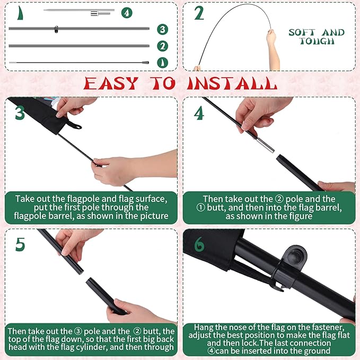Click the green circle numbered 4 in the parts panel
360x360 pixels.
pos(127,13)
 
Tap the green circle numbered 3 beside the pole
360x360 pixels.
pos(163,29)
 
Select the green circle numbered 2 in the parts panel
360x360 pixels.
pos(163,46)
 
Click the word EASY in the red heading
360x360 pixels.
pos(111,83)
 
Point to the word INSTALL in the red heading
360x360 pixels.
pos(232,83)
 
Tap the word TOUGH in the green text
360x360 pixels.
pos(317,41)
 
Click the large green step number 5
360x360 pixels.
pos(20,244)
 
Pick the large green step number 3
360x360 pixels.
pos(20,113)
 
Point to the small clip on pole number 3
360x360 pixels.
pos(56,29)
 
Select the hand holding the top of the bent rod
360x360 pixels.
pos(271,37)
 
